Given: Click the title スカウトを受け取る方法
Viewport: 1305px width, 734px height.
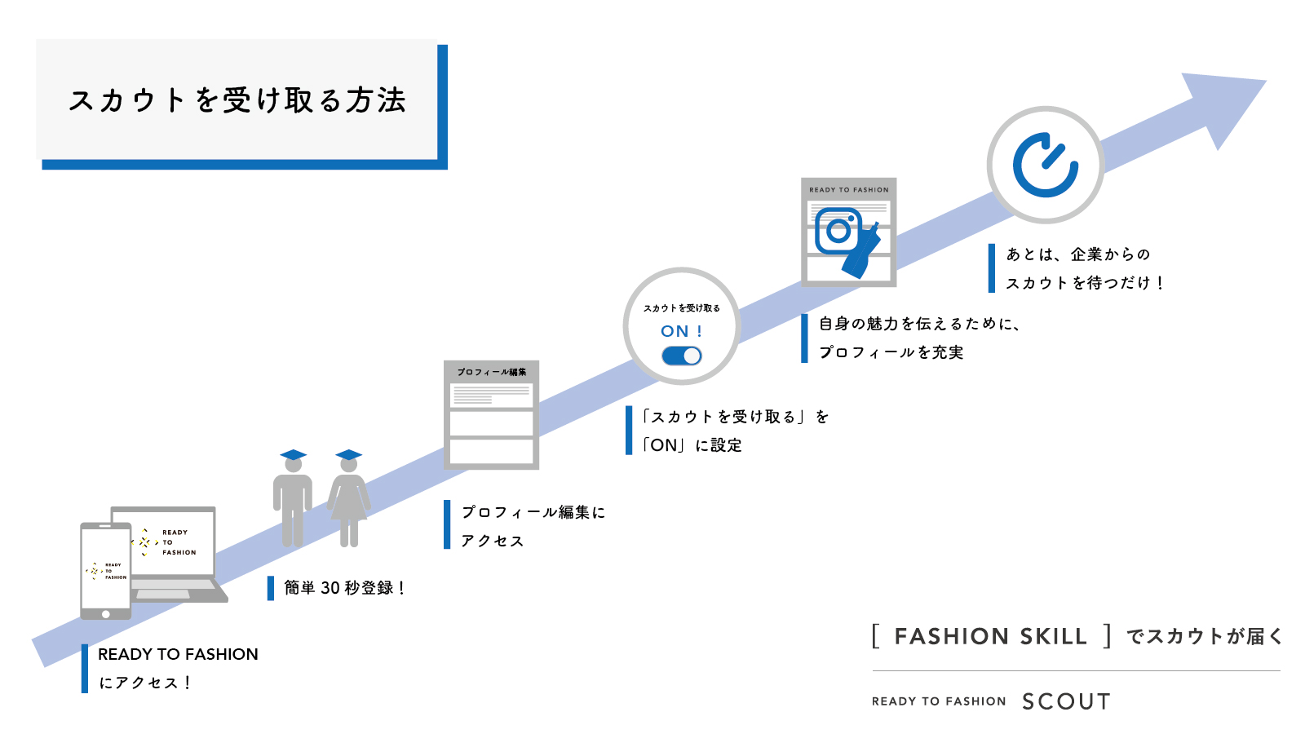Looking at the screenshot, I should point(237,100).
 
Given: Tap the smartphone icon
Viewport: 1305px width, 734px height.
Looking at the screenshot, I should point(105,571).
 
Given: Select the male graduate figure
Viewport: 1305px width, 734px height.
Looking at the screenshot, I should point(292,498).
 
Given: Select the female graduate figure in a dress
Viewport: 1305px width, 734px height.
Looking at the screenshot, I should point(349,498).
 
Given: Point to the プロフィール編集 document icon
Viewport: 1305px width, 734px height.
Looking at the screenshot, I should point(491,415).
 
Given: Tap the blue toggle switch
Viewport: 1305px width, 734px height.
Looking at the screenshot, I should point(682,356).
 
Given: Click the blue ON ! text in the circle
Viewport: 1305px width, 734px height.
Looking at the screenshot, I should point(681,331).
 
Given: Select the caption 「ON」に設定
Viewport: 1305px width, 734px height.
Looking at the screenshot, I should point(692,445).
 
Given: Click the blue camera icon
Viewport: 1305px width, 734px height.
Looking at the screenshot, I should point(838,231).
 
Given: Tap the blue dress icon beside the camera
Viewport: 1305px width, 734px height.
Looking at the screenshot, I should point(863,250).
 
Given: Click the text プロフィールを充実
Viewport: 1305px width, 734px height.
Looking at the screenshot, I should point(891,352).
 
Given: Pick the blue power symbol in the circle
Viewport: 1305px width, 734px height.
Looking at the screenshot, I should point(1045,165).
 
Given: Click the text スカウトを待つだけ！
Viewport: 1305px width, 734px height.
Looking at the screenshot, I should point(1085,283).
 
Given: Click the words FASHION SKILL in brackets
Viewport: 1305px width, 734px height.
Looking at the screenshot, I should point(990,636).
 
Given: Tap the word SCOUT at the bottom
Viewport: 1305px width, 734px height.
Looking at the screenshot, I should point(1066,701).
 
